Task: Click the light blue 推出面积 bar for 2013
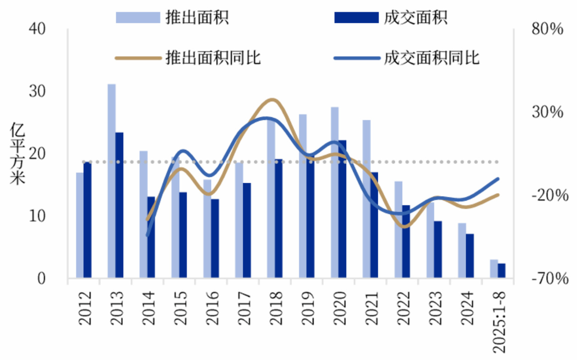[x=111, y=180]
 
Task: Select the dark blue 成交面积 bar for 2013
[x=120, y=205]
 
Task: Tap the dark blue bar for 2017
[x=247, y=230]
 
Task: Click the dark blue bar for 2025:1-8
[x=501, y=270]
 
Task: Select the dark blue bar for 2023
[x=438, y=249]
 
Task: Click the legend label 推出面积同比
[x=213, y=58]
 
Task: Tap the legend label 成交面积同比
[x=431, y=58]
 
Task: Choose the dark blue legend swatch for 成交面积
[x=356, y=17]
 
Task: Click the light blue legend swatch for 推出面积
[x=137, y=17]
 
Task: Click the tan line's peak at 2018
[x=272, y=99]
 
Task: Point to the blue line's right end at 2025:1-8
[x=498, y=179]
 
